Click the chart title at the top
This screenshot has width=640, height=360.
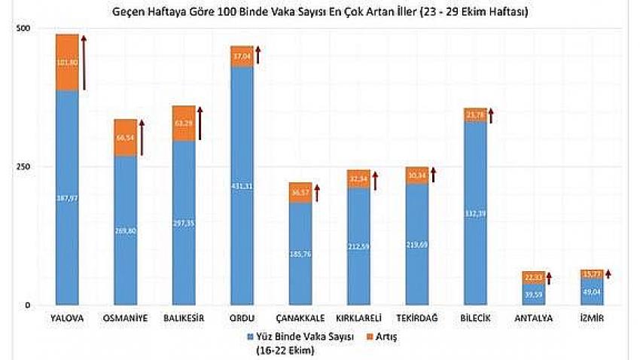click(320, 13)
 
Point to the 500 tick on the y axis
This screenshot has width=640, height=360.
click(24, 29)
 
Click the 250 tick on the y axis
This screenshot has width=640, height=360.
click(24, 166)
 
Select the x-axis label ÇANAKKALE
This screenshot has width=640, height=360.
click(300, 319)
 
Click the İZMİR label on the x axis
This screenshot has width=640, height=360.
click(591, 319)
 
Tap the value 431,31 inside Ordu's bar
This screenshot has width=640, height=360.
click(242, 186)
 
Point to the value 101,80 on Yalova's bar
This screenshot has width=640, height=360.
click(67, 63)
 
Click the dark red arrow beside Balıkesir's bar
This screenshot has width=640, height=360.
click(200, 124)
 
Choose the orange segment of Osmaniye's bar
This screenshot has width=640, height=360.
click(125, 139)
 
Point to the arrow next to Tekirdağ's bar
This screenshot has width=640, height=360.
click(433, 175)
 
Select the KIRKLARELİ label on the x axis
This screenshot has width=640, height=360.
click(358, 319)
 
